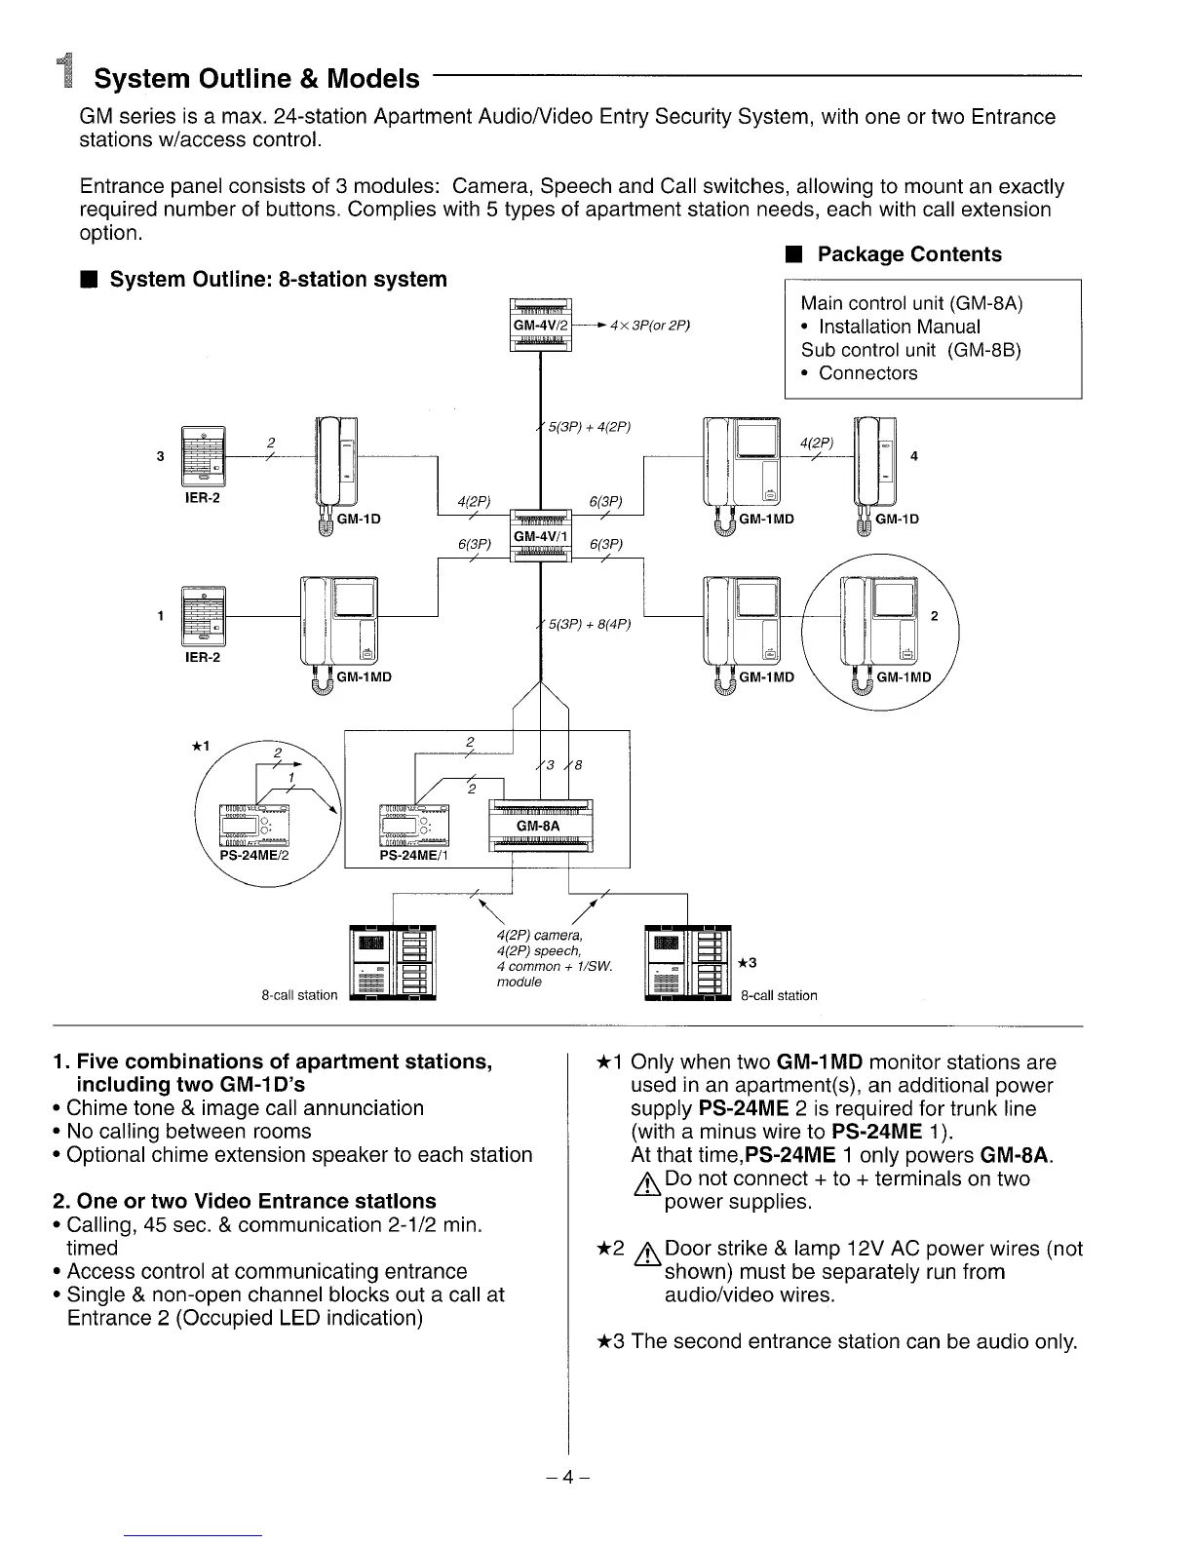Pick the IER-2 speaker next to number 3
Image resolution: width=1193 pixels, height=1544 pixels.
(x=203, y=456)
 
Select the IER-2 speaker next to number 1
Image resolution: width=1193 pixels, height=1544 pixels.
(x=203, y=616)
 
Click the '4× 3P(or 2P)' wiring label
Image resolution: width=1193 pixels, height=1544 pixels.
(x=649, y=325)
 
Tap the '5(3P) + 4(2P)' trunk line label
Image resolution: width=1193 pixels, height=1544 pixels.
(x=590, y=426)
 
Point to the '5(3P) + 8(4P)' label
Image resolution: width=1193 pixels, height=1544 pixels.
(x=590, y=624)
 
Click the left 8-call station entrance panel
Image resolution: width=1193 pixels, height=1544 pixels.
(x=392, y=963)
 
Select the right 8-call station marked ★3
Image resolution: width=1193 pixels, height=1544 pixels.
(x=688, y=963)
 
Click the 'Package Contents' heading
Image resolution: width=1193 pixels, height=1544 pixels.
(x=908, y=254)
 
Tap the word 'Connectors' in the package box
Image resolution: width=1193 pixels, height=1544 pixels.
(x=867, y=373)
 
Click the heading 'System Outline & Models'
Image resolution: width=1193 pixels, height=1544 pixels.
(x=256, y=78)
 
